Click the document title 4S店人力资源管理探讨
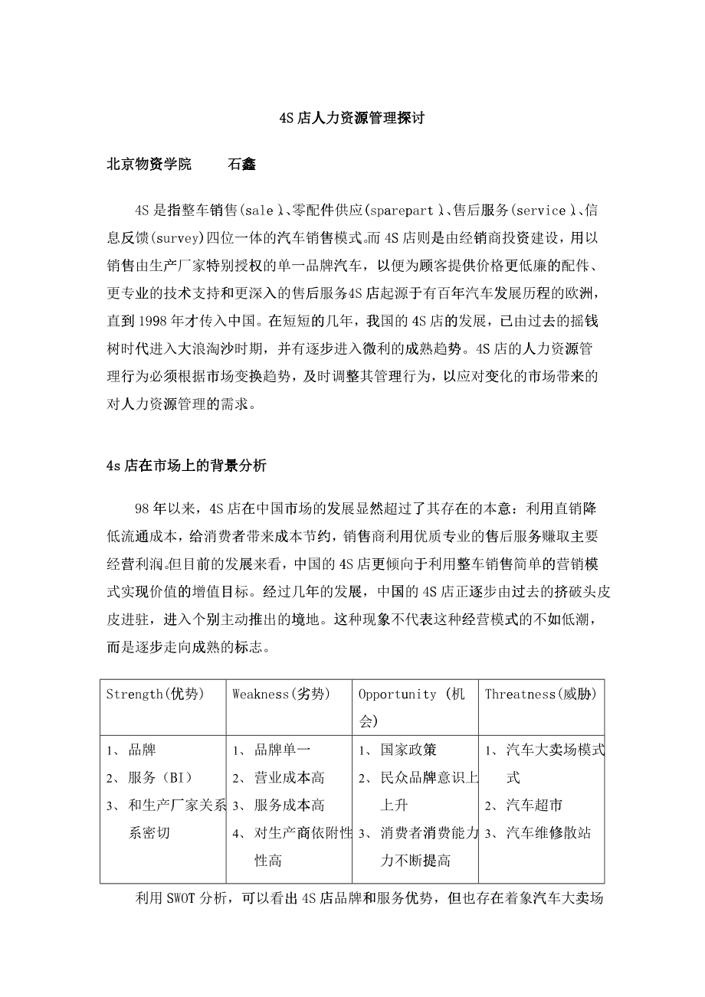pos(352,119)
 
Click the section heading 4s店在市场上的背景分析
pos(186,466)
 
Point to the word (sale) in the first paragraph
pos(261,210)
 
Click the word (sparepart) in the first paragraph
pos(405,210)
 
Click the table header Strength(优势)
pos(156,695)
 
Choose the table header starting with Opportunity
pos(412,695)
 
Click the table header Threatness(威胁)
pos(541,695)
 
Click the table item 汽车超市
pos(534,806)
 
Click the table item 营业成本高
pos(289,778)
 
